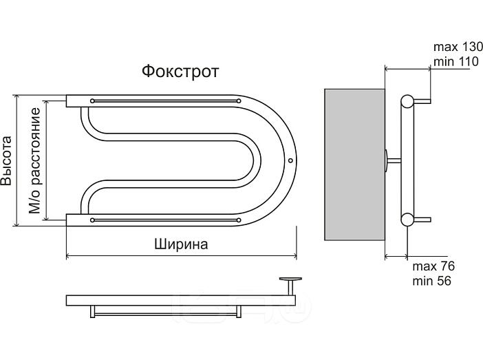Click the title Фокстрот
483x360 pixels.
[180, 72]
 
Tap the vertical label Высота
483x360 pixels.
[7, 162]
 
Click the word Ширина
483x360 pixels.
[181, 244]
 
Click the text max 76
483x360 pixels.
[433, 267]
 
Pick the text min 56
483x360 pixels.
[431, 281]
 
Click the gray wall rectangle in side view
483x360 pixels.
[354, 164]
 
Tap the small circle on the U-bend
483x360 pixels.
[290, 162]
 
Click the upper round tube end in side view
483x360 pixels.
[408, 102]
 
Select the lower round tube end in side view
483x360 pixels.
[408, 220]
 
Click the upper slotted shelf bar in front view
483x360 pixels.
[165, 100]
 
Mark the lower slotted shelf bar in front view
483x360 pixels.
[165, 220]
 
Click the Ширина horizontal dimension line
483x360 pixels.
[181, 256]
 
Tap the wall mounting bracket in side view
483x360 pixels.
[392, 160]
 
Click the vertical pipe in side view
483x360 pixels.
[406, 162]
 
